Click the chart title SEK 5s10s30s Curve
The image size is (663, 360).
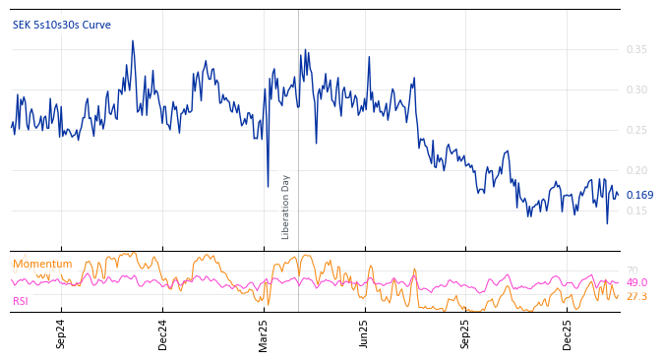(61, 25)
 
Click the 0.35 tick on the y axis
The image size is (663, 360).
(636, 49)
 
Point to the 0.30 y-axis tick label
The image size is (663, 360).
(636, 90)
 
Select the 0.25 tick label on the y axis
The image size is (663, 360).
(636, 130)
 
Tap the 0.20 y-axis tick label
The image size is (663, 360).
(636, 170)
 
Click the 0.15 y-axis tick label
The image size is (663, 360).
(636, 210)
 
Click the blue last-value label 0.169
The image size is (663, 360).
(639, 195)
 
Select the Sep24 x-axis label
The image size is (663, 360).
(61, 333)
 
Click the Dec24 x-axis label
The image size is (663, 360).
(162, 333)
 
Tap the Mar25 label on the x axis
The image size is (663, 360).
(264, 333)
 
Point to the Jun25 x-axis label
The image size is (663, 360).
(365, 333)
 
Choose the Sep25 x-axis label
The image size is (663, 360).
(466, 333)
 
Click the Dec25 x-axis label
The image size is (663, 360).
(568, 333)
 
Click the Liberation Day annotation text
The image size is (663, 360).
(286, 207)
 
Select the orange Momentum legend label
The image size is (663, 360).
(42, 264)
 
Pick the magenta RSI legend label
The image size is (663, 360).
(21, 301)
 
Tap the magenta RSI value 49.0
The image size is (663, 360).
(636, 282)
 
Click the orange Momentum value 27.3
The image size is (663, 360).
(636, 296)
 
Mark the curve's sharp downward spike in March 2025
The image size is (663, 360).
(268, 186)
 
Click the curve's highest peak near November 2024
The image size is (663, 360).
(133, 41)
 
